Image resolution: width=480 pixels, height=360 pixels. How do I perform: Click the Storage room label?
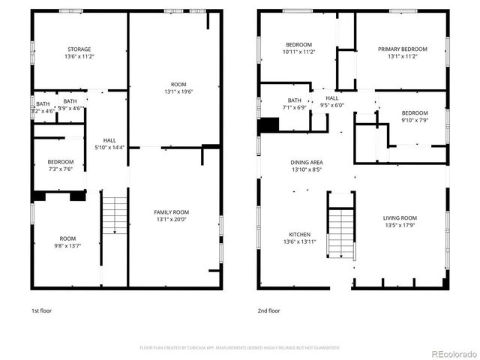[x=79, y=49]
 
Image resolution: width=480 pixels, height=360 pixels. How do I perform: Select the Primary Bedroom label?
[x=402, y=49]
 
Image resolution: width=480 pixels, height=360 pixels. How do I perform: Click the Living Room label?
[x=401, y=218]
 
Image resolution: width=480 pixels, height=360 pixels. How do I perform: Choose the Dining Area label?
[x=307, y=162]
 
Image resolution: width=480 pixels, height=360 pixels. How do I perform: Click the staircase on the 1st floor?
[x=114, y=217]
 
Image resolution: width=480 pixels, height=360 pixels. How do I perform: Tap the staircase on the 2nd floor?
[x=340, y=232]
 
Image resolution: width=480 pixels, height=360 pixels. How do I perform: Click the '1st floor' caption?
[x=41, y=310]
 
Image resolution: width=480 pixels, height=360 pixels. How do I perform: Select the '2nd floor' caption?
[x=269, y=310]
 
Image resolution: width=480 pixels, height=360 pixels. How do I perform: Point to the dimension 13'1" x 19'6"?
[x=178, y=92]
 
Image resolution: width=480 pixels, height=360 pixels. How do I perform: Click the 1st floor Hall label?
[x=109, y=139]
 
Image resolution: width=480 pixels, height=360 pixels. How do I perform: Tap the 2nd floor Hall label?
[x=331, y=97]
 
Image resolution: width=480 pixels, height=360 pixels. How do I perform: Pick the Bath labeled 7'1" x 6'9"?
[x=294, y=100]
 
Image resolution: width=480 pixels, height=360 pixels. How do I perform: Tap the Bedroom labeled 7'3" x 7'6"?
[x=61, y=162]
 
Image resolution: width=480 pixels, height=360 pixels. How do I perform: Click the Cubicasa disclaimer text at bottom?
[x=240, y=348]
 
